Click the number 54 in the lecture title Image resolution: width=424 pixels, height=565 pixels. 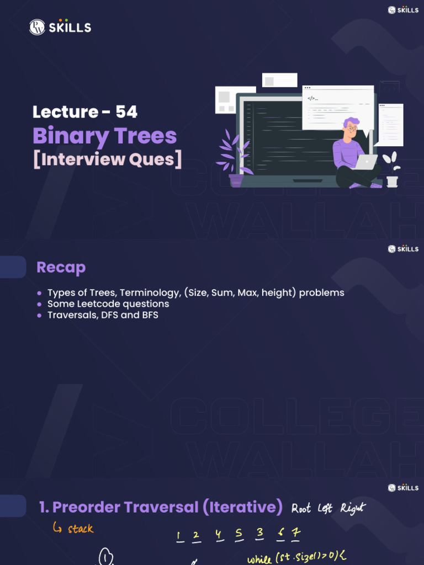click(x=126, y=112)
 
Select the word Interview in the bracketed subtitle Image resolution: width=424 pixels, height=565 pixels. click(x=82, y=159)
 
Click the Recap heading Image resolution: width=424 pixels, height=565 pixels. click(x=61, y=268)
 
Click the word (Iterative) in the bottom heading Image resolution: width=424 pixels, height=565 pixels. click(x=243, y=507)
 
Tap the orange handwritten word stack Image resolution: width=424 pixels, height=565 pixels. click(x=81, y=529)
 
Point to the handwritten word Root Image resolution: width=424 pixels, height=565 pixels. click(x=301, y=508)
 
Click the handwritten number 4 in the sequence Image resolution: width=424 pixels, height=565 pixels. click(x=219, y=535)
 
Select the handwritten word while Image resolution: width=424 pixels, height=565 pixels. click(x=259, y=559)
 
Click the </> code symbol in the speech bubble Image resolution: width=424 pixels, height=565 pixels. click(x=312, y=98)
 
